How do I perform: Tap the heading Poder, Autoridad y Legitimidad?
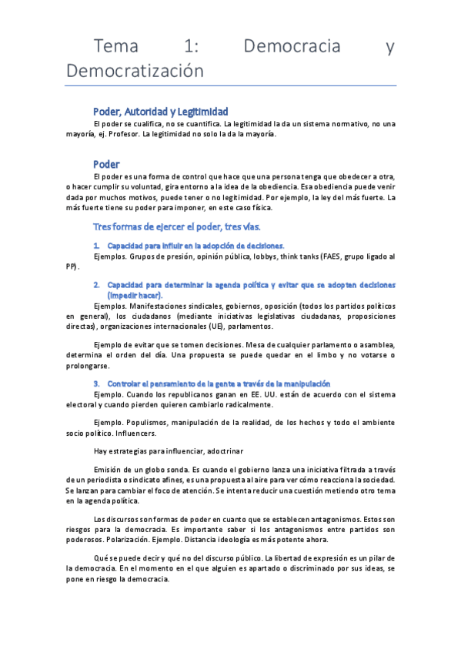coord(160,112)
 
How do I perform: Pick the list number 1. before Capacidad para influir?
coord(95,245)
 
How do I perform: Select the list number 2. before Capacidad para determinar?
coord(95,284)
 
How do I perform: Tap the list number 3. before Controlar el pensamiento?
coord(95,383)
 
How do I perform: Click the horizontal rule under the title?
coord(231,85)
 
